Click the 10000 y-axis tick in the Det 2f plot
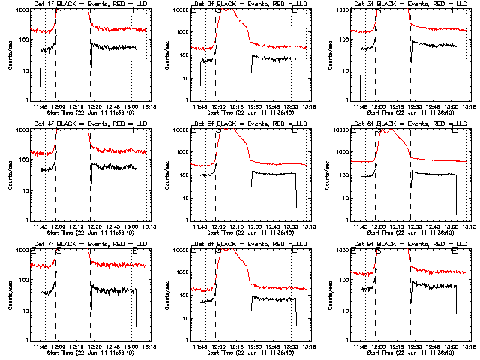pyautogui.click(x=179, y=10)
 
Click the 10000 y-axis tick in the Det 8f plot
pyautogui.click(x=179, y=250)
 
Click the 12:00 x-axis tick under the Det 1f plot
pyautogui.click(x=58, y=106)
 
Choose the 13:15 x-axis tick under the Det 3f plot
pyautogui.click(x=469, y=106)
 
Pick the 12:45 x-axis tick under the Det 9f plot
pyautogui.click(x=436, y=346)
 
